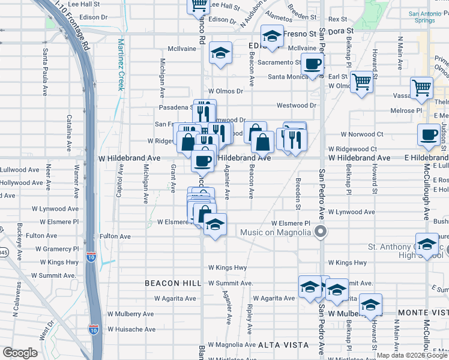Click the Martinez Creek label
(121, 64)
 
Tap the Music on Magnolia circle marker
(321, 232)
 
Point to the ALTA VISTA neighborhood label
(283, 345)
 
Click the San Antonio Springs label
(429, 34)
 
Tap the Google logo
(20, 353)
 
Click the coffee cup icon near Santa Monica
(313, 64)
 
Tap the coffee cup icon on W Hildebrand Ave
(203, 161)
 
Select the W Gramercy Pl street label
(56, 248)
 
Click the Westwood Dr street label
(296, 106)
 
